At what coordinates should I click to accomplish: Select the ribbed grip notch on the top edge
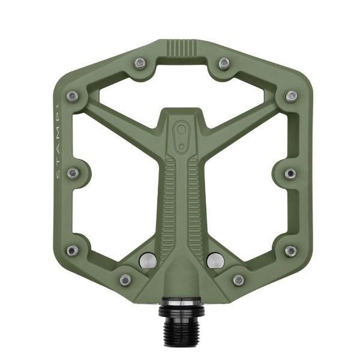pos(181,47)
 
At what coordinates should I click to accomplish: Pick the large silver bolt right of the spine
pos(215,260)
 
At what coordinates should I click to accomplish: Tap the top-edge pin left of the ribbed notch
pos(140,62)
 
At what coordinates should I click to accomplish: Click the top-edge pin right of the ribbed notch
pos(224,63)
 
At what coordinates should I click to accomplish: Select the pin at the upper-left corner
pos(73,96)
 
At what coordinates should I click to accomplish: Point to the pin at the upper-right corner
pos(291,96)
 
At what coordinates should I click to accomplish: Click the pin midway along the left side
pos(73,173)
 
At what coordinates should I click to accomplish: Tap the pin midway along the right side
pos(290,173)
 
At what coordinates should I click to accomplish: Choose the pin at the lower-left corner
pos(73,250)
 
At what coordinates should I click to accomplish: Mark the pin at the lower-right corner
pos(290,250)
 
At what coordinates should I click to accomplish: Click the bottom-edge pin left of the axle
pos(125,280)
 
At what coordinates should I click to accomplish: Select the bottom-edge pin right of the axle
pos(238,280)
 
